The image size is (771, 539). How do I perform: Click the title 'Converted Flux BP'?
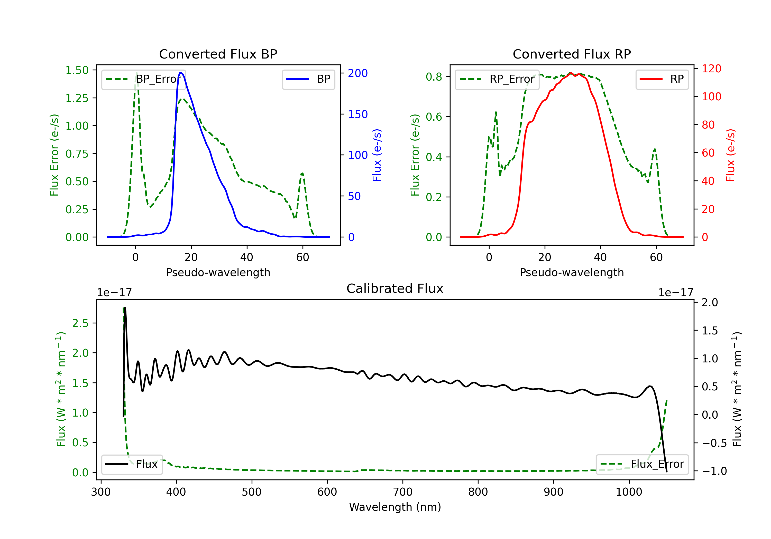[x=218, y=54]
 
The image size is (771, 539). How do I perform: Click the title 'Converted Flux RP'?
[x=572, y=54]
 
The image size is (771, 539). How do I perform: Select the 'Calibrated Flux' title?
[x=395, y=288]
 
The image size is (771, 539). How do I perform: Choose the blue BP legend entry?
[x=308, y=79]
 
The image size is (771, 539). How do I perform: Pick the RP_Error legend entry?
[x=497, y=79]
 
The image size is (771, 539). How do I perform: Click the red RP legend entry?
[x=662, y=79]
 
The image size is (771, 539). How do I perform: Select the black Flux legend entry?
[x=132, y=464]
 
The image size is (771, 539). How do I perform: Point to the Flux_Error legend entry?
[x=642, y=464]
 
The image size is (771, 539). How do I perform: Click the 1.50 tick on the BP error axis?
[x=77, y=70]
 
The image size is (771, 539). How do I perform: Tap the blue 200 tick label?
[x=358, y=73]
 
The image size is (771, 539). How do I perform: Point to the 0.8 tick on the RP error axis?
[x=434, y=76]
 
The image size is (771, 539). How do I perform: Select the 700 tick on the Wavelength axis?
[x=403, y=492]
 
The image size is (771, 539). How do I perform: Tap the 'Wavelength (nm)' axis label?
[x=395, y=507]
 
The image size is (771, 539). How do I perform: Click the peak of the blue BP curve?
[x=181, y=73]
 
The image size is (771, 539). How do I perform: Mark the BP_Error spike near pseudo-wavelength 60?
[x=302, y=174]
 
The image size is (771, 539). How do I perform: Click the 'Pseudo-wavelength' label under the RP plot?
[x=572, y=272]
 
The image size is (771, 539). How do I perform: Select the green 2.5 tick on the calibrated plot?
[x=80, y=323]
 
